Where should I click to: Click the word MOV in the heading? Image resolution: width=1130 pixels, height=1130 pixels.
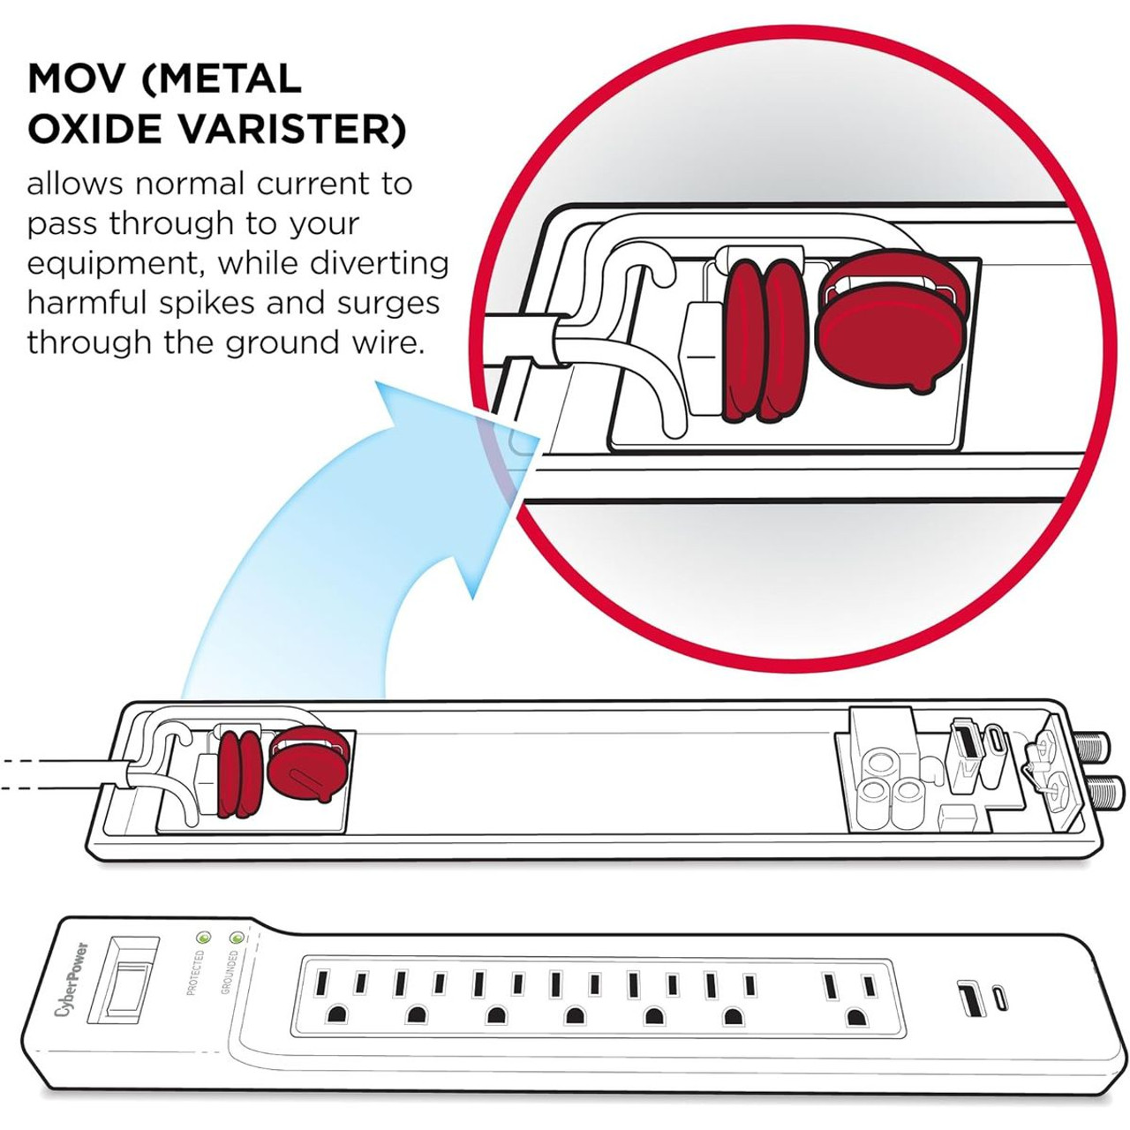click(78, 79)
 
